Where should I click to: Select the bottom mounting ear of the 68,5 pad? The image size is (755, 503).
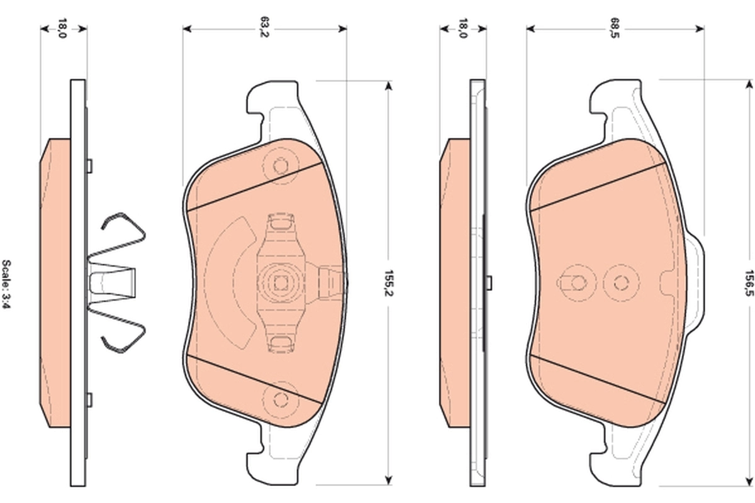[x=607, y=462]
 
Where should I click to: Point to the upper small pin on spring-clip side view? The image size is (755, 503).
[x=89, y=165]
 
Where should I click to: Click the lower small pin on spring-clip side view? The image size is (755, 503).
[x=89, y=399]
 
